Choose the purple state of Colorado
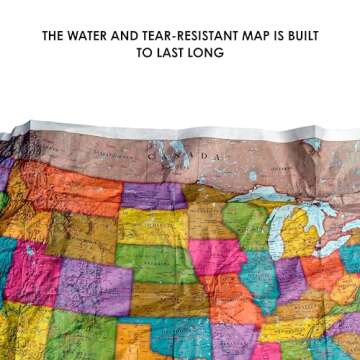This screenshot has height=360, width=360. (x=95, y=285)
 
